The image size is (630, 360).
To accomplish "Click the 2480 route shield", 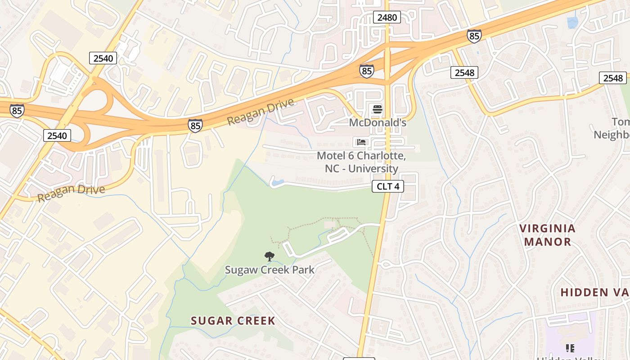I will [387, 18].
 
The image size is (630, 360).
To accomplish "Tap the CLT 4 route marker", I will [387, 186].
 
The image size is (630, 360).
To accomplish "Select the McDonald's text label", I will [378, 122].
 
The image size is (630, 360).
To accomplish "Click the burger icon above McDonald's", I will [377, 109].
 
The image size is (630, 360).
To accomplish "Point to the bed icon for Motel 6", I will [361, 142].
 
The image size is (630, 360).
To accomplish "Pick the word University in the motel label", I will [374, 169].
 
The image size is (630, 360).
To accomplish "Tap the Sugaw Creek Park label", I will [270, 270].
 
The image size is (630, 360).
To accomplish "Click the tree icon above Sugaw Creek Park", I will [269, 256].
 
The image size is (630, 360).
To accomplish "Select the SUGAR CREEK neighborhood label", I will [233, 321].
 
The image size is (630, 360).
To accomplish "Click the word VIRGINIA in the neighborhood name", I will [547, 229].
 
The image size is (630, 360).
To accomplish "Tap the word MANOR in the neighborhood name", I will [547, 242].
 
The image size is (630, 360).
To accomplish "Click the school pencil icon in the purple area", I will [570, 348].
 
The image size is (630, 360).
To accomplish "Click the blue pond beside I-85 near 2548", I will [572, 22].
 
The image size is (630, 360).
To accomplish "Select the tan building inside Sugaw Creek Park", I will [330, 224].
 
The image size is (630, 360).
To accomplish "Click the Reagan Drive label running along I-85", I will [261, 112].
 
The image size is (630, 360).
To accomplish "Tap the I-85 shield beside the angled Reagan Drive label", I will [195, 126].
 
